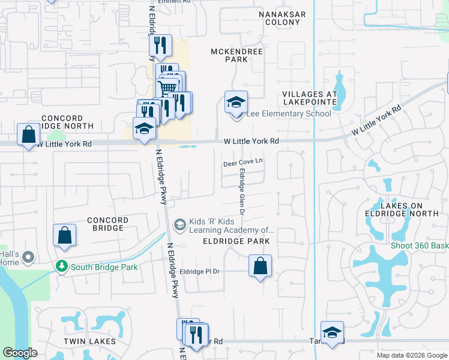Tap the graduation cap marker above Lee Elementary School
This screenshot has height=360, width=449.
(x=236, y=103)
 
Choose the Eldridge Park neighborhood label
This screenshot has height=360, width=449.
(x=236, y=241)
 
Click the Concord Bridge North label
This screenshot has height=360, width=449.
(x=67, y=122)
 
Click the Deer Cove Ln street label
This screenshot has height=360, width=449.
(x=243, y=163)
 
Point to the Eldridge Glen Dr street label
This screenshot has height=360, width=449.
(x=242, y=192)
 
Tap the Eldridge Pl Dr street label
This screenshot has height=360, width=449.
(x=204, y=271)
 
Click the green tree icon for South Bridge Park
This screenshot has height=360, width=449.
(x=61, y=266)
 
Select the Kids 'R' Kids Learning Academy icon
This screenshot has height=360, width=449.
(x=179, y=225)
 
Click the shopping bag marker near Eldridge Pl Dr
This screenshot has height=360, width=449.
(x=260, y=266)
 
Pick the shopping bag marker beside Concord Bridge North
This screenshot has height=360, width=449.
(x=28, y=135)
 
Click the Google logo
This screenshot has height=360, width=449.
(x=20, y=353)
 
